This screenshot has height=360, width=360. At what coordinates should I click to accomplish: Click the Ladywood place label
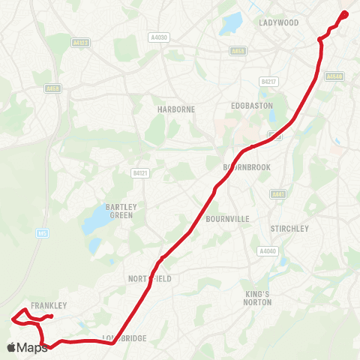click(279, 22)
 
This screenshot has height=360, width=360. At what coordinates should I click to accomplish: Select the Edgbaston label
click(249, 105)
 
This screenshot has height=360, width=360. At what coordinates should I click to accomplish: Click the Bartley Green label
click(120, 211)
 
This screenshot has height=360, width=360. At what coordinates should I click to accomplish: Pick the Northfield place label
click(150, 279)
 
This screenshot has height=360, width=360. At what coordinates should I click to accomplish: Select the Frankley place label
click(49, 305)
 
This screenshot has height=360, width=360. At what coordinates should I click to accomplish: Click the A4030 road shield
click(159, 37)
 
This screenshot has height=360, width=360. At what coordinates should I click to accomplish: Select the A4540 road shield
click(334, 76)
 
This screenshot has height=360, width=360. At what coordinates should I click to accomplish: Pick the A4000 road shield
click(267, 251)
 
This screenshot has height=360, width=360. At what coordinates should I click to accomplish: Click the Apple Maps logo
click(27, 347)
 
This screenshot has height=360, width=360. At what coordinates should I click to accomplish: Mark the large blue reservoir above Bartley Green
click(97, 220)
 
